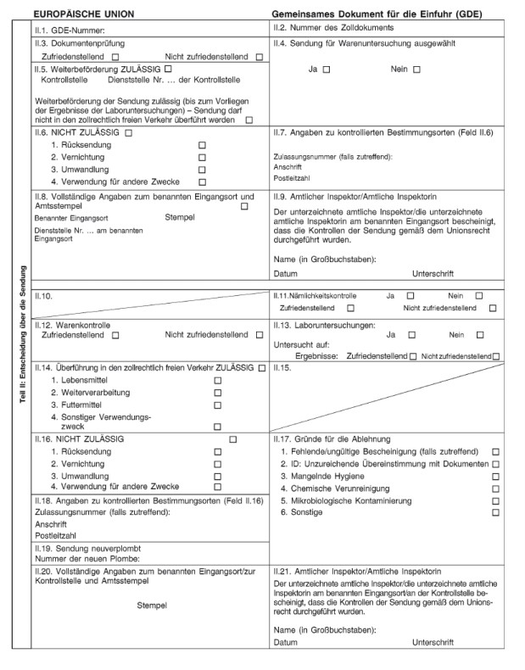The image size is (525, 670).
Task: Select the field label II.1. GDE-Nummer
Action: pos(69,31)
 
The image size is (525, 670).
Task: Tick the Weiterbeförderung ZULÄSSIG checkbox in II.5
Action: pos(169,68)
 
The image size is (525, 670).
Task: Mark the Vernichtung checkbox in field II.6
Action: pos(202,158)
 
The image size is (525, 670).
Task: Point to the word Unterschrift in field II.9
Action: pos(433,273)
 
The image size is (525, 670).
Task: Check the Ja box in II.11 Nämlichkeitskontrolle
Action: pos(411,295)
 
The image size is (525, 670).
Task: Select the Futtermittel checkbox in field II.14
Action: pos(217,405)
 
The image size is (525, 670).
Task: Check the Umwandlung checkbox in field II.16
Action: pos(217,477)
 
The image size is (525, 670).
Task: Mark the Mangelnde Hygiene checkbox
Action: pos(495,477)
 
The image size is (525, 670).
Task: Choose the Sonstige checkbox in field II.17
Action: pos(495,512)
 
